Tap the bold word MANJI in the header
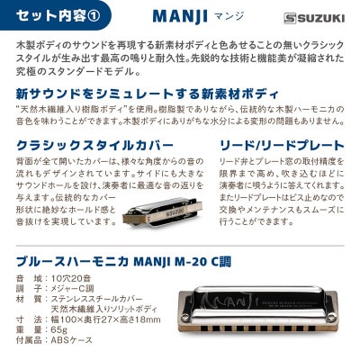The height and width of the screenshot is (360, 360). tap(179, 17)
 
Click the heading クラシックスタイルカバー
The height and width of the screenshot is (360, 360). tap(89, 145)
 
